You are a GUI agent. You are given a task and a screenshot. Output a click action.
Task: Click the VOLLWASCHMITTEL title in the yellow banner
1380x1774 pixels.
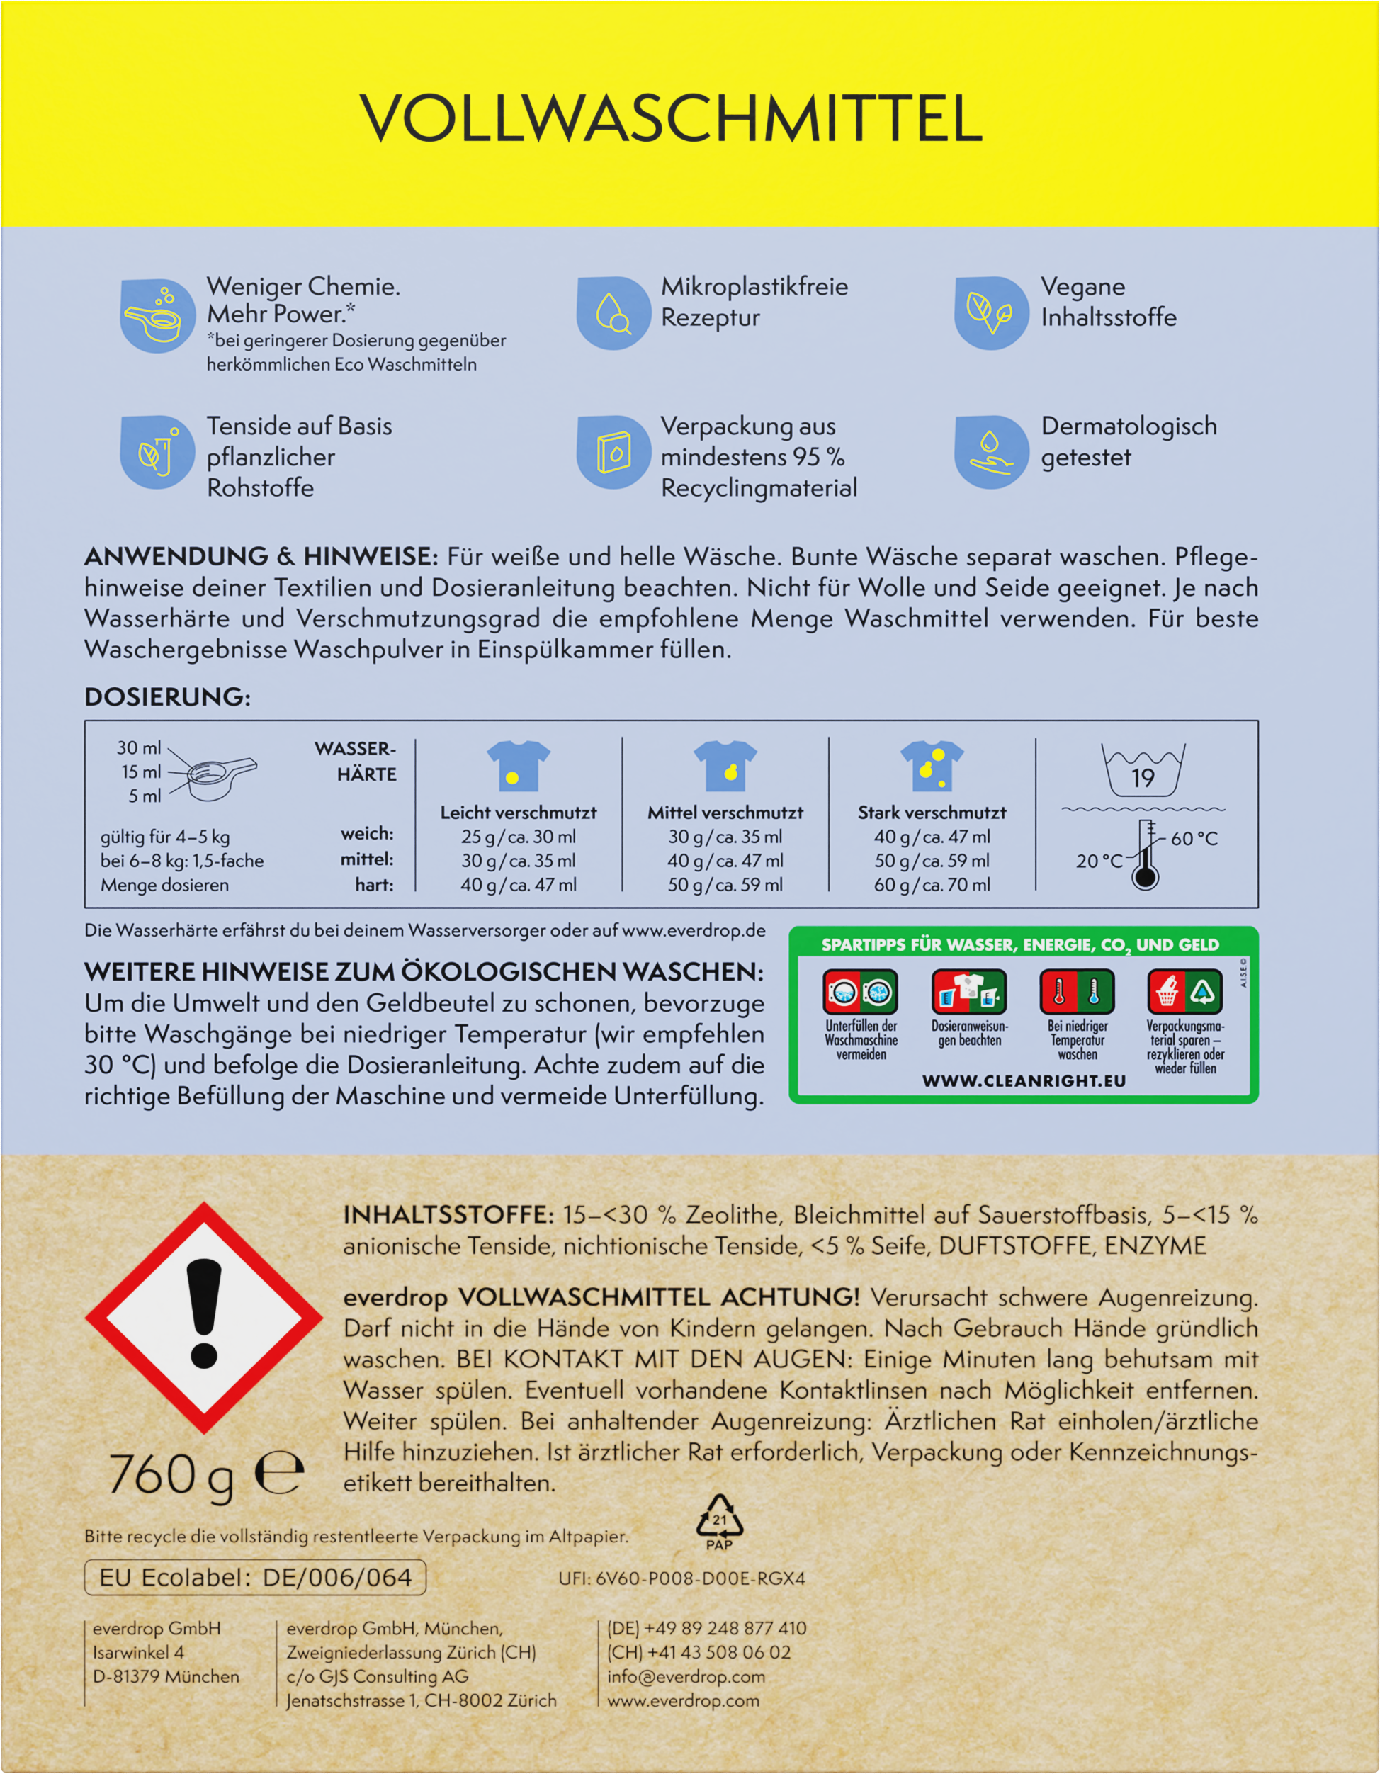(672, 118)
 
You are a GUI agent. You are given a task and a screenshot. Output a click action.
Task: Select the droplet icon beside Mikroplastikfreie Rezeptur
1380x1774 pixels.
(613, 312)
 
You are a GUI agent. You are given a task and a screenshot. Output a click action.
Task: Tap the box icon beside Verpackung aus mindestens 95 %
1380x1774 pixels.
(613, 453)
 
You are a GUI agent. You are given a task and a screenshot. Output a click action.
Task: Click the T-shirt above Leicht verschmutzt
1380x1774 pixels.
(519, 765)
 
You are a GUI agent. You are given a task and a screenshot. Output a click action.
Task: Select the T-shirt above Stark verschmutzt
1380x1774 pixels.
(932, 765)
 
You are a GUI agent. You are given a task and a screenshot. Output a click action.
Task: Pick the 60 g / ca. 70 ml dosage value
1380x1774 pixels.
(932, 885)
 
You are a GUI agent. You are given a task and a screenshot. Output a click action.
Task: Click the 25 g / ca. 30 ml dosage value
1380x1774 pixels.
(519, 837)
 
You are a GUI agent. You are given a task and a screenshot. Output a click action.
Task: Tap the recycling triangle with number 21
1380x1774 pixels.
(720, 1518)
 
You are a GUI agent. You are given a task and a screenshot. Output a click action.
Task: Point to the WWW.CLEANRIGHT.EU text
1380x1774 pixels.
(1024, 1081)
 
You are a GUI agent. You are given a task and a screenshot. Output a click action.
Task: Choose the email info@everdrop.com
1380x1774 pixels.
(686, 1676)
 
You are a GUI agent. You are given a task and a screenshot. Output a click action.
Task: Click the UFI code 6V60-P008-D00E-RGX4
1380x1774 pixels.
(681, 1578)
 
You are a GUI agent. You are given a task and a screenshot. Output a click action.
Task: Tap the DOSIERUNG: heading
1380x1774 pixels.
(167, 696)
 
